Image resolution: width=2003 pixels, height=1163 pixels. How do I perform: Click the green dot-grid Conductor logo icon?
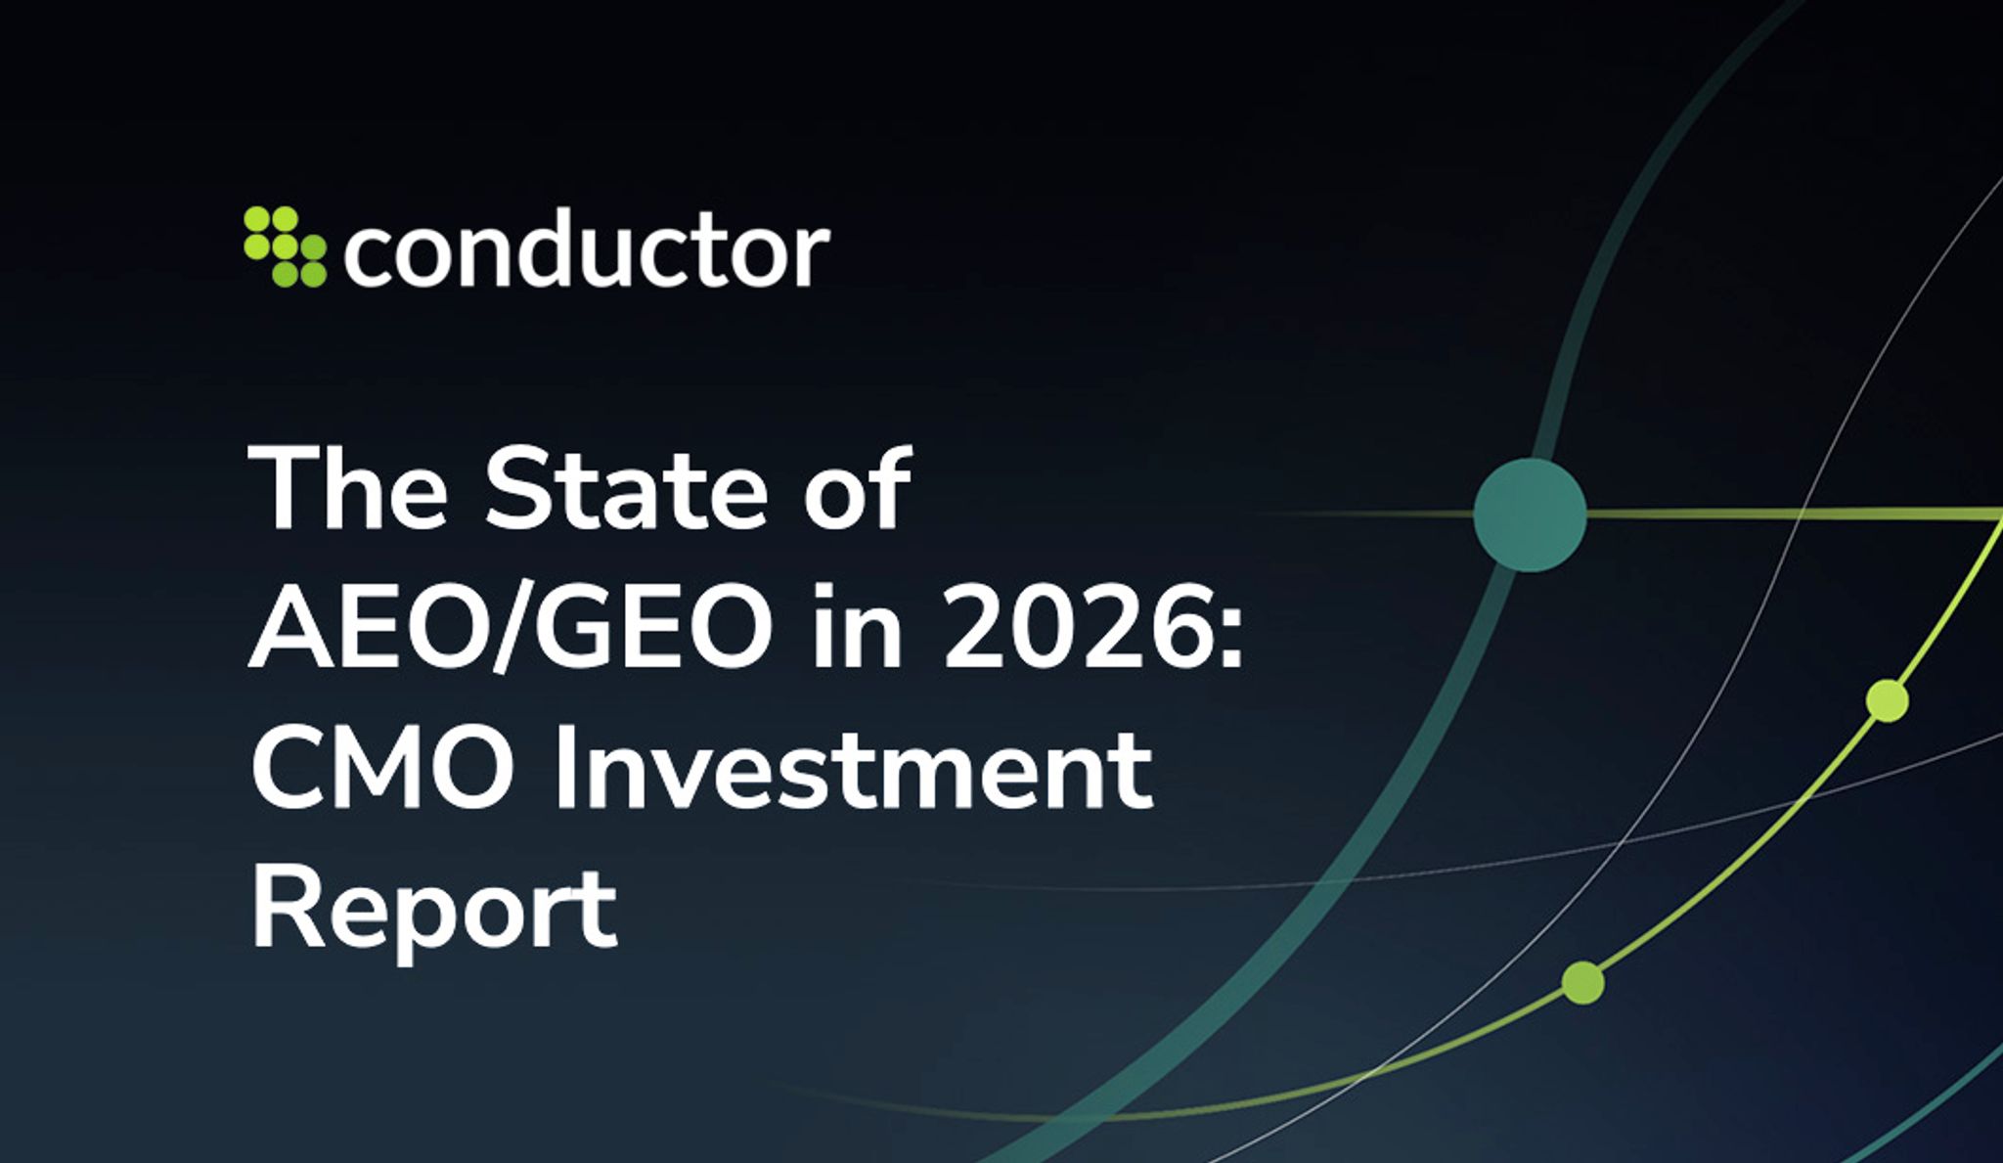coord(285,246)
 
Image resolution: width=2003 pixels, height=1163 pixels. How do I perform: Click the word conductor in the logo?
coord(586,251)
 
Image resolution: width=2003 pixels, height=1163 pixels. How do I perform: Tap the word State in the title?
coord(626,489)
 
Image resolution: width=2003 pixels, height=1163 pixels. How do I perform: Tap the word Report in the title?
coord(434,910)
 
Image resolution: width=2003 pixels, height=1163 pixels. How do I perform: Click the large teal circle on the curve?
coord(1530,514)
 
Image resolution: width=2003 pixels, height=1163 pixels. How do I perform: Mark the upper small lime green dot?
coord(1887,700)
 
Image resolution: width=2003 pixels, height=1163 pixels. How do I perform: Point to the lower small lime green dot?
coord(1582,982)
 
